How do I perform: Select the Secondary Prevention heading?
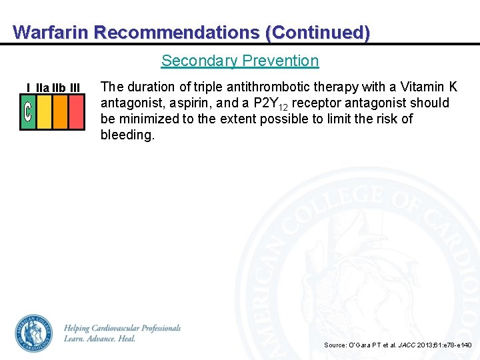(x=240, y=61)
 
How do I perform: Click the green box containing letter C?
(x=28, y=111)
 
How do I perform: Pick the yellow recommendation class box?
(x=44, y=111)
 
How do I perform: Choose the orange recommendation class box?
(x=60, y=111)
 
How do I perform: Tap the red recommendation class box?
(x=77, y=111)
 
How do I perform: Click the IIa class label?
(x=42, y=87)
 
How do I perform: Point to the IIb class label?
(x=59, y=87)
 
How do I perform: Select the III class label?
(x=75, y=87)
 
